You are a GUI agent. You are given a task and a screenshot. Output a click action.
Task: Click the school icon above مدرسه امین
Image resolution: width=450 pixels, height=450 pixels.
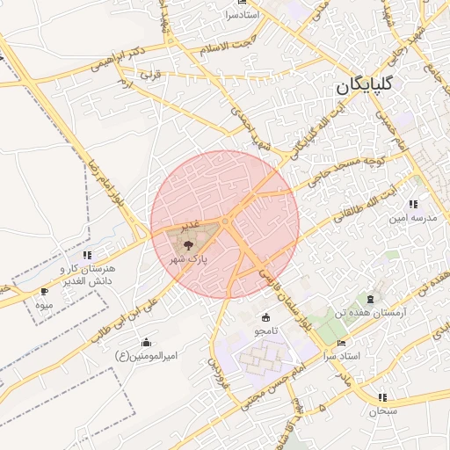(413, 204)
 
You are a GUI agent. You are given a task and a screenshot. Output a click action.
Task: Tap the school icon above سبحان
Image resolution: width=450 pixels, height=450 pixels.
(382, 397)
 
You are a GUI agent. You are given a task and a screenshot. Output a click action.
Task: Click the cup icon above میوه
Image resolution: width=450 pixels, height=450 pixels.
(45, 292)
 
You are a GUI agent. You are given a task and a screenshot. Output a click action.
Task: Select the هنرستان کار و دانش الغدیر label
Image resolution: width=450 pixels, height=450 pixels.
(87, 273)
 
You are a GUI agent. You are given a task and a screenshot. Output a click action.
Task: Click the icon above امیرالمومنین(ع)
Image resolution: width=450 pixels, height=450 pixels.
(145, 342)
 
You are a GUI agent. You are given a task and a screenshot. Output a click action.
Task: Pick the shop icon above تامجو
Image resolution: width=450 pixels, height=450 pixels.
(265, 317)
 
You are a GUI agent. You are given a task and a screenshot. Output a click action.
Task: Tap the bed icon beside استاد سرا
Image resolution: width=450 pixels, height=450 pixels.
(342, 343)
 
